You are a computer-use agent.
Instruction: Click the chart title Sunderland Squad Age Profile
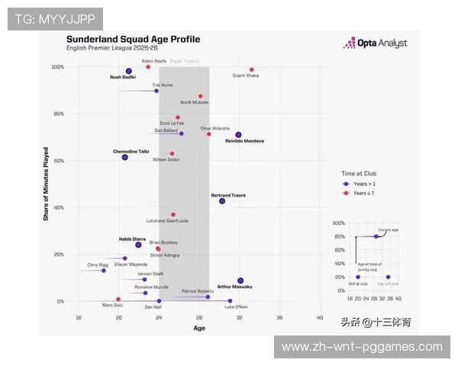[x=133, y=39]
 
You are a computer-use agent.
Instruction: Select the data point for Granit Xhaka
[x=251, y=69]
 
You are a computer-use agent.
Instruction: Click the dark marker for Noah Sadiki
[x=129, y=71]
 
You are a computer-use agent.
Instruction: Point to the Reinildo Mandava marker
[x=238, y=135]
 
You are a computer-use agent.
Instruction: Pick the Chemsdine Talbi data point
[x=124, y=157]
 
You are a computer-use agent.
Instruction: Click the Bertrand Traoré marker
[x=222, y=201]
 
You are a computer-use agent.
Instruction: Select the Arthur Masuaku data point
[x=240, y=281]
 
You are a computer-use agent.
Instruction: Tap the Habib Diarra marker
[x=138, y=245]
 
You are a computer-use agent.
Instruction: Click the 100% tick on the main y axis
[x=58, y=67]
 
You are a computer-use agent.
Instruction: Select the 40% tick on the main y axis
[x=59, y=207]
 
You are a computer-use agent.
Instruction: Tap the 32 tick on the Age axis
[x=239, y=317]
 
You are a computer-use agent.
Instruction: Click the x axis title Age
[x=198, y=328]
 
